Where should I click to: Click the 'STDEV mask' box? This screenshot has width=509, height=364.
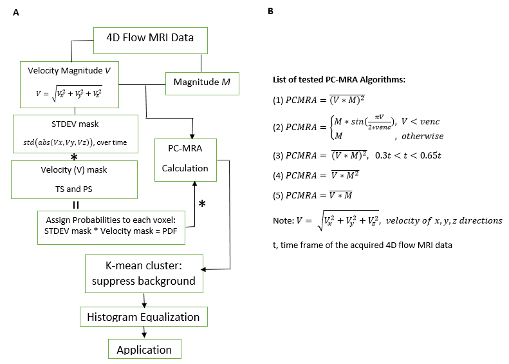[x=76, y=133]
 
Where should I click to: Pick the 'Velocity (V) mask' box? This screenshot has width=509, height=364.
[x=76, y=180]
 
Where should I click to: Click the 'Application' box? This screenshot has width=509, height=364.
[x=144, y=350]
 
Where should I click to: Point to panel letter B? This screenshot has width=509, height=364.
[x=271, y=12]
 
